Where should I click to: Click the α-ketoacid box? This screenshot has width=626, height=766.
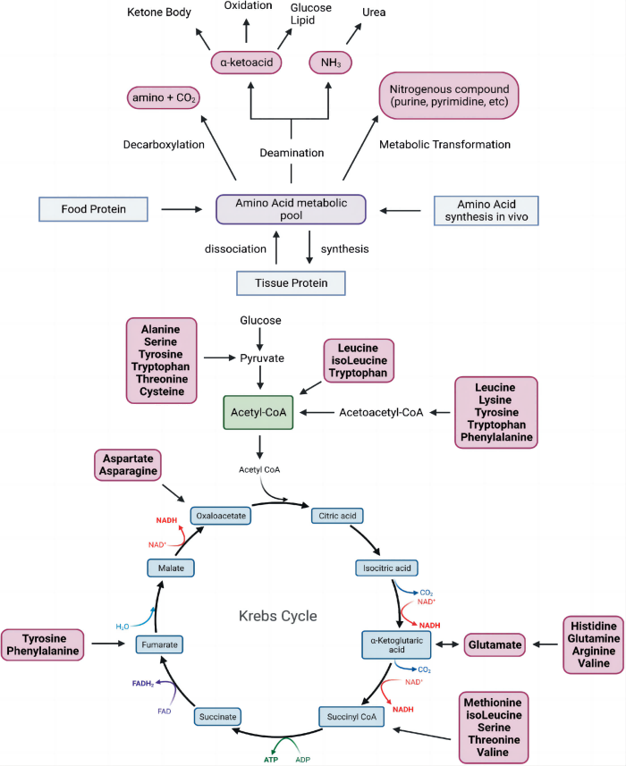(247, 63)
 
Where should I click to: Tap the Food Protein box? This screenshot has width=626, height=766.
(93, 210)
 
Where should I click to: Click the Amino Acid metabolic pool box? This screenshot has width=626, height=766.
(292, 210)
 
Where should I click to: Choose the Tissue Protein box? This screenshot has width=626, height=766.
(291, 283)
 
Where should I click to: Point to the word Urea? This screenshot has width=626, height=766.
(373, 13)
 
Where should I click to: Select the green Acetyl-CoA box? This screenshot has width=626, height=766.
(259, 412)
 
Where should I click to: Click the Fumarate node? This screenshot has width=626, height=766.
(160, 643)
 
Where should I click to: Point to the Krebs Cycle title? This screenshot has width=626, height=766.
(279, 617)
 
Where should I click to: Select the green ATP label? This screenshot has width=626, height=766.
(271, 759)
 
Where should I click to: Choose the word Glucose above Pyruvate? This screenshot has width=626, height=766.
(260, 320)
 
